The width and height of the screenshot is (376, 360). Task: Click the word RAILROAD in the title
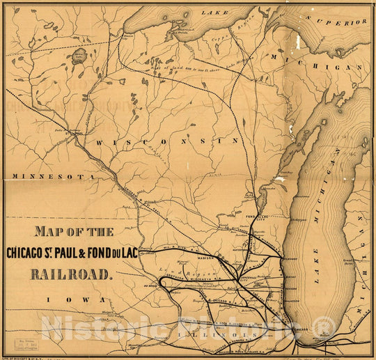point(70,273)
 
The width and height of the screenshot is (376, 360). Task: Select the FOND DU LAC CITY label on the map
point(257,218)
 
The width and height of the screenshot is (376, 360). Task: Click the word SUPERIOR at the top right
point(341,22)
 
